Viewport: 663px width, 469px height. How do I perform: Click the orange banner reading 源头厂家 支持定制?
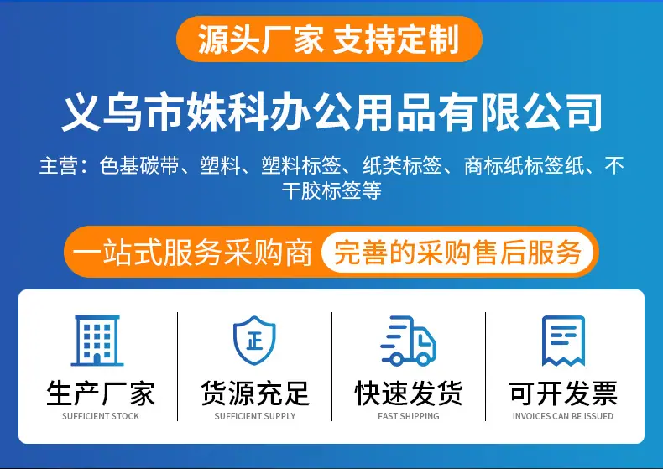pyautogui.click(x=329, y=39)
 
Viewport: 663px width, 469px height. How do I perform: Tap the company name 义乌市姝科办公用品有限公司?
pyautogui.click(x=332, y=112)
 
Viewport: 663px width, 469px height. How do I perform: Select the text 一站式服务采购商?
pyautogui.click(x=192, y=253)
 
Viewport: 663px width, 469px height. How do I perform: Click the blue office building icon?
pyautogui.click(x=97, y=341)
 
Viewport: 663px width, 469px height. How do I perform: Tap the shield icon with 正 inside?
pyautogui.click(x=254, y=340)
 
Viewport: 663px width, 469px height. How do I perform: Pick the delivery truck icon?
pyautogui.click(x=408, y=341)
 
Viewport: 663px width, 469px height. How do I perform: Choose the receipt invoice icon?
pyautogui.click(x=563, y=341)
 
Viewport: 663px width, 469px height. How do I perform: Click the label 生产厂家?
pyautogui.click(x=101, y=393)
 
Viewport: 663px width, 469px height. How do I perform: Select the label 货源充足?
pyautogui.click(x=255, y=393)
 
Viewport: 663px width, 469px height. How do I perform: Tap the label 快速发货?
pyautogui.click(x=409, y=393)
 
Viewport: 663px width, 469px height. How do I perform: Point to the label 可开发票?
pyautogui.click(x=563, y=393)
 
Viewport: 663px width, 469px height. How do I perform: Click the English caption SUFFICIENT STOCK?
pyautogui.click(x=101, y=416)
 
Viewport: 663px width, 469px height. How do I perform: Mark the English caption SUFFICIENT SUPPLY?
pyautogui.click(x=255, y=416)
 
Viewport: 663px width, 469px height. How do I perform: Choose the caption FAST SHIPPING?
pyautogui.click(x=409, y=416)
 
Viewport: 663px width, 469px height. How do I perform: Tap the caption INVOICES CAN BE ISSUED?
pyautogui.click(x=563, y=416)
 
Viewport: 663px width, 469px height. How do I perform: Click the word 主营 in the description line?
pyautogui.click(x=59, y=165)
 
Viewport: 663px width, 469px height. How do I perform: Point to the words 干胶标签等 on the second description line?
pyautogui.click(x=332, y=190)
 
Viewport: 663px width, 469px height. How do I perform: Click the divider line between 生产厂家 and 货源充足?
pyautogui.click(x=178, y=367)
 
